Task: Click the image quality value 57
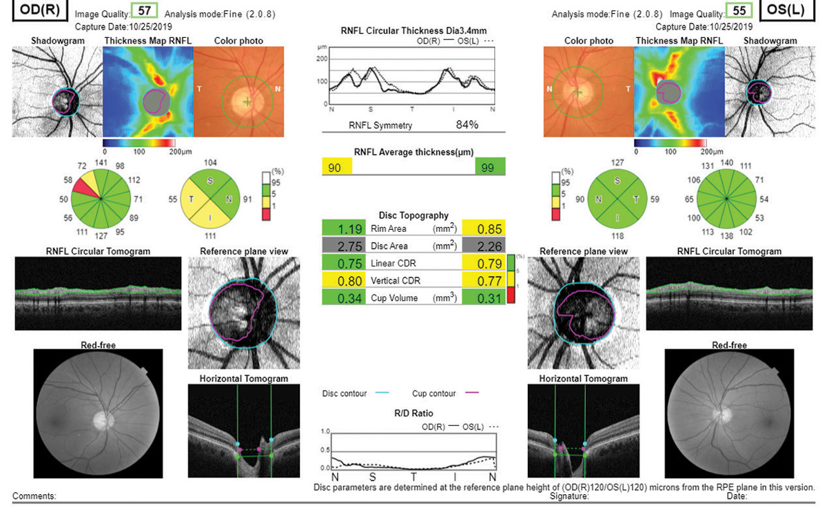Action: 145,12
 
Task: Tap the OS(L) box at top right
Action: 790,12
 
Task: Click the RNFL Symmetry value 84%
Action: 467,125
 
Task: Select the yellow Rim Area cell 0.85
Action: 484,228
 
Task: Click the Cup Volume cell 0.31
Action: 484,298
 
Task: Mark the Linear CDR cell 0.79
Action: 484,264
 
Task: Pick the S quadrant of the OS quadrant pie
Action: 617,182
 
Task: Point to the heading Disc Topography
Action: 413,215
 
